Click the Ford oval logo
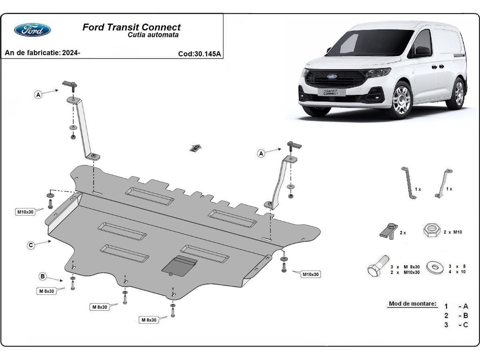coord(32,30)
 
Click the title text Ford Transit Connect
coord(132,27)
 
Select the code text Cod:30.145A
coord(200,54)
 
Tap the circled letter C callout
coord(31,246)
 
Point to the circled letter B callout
coord(42,276)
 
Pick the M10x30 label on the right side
coord(311,274)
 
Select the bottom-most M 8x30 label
coord(148,320)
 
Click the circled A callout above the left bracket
coord(38,95)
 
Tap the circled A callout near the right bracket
coord(261,153)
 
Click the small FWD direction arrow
coord(195,148)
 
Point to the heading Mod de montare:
coord(413,304)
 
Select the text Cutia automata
coord(153,35)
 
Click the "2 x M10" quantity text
coord(452,232)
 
